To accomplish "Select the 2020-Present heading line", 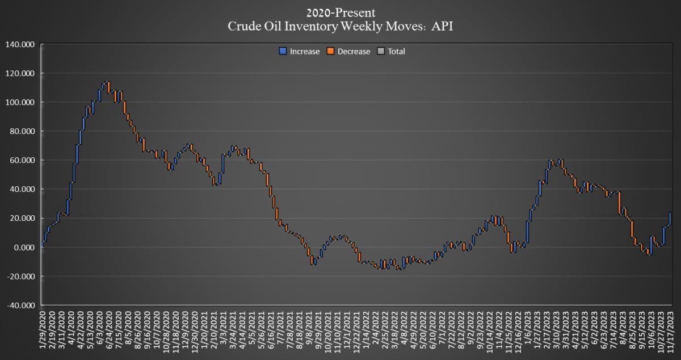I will click(340, 12).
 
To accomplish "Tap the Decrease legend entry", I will click(354, 51).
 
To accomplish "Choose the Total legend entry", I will click(396, 51).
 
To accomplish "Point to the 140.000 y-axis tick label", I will click(20, 44).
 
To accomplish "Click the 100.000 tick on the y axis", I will click(20, 102).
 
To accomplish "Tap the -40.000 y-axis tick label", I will click(20, 305).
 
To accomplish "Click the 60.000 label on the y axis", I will click(22, 160).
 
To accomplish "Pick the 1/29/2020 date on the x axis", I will click(44, 329).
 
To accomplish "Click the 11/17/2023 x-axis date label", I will click(671, 329).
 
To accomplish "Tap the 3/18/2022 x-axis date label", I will click(392, 330).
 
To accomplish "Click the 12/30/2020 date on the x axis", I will click(196, 329).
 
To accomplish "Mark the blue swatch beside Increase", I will click(281, 51).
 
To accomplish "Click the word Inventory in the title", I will click(314, 26).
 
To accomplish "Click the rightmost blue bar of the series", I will click(670, 219).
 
